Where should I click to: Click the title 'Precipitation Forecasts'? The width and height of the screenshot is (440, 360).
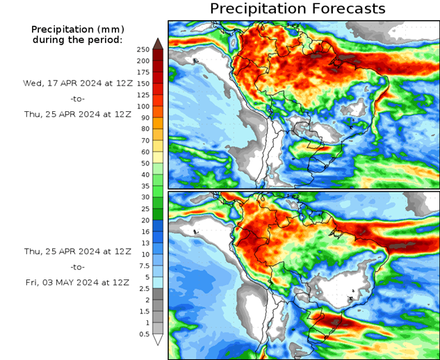(x=298, y=8)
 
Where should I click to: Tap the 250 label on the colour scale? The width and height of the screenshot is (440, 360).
(x=143, y=49)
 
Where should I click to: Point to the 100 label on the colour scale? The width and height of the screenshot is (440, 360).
(x=143, y=106)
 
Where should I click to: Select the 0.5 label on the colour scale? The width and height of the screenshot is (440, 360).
(x=142, y=334)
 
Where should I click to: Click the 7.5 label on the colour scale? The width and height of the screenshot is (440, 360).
(x=142, y=265)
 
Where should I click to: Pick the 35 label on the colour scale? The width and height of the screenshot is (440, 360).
(x=142, y=186)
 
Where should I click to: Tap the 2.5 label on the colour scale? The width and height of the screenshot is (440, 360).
(x=142, y=288)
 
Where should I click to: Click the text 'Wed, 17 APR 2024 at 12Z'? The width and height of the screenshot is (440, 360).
(x=76, y=83)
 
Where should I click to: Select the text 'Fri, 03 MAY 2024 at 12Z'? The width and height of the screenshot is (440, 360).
(x=76, y=282)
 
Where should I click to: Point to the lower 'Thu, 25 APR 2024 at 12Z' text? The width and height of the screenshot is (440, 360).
(x=76, y=252)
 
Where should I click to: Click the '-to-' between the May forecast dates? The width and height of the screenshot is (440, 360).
(x=77, y=267)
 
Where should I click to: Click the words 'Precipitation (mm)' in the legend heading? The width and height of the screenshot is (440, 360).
(x=76, y=29)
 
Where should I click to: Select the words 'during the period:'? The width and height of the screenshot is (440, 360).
(x=76, y=40)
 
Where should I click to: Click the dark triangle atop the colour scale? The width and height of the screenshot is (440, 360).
(x=158, y=44)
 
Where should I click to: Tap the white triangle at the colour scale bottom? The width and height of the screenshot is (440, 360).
(x=158, y=340)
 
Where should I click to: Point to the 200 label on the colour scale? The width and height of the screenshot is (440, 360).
(x=143, y=60)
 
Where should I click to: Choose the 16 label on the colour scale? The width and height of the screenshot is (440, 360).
(x=142, y=231)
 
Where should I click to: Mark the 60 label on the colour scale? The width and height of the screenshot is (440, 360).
(x=142, y=152)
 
